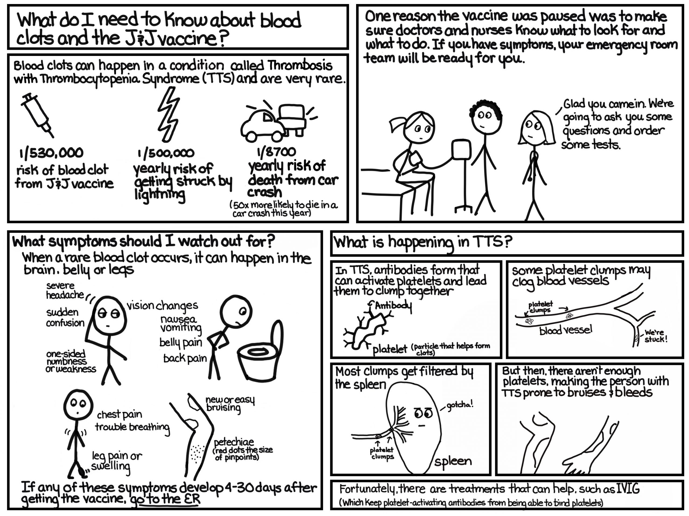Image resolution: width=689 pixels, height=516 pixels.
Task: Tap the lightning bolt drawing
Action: pyautogui.click(x=168, y=113)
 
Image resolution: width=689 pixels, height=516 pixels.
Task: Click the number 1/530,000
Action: pyautogui.click(x=51, y=153)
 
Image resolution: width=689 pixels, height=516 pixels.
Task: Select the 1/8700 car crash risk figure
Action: pyautogui.click(x=276, y=152)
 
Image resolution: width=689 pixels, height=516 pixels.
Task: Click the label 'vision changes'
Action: pyautogui.click(x=162, y=306)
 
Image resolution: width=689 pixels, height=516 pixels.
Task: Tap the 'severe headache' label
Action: pyautogui.click(x=65, y=290)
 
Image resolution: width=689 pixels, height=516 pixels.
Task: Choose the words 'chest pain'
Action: pyautogui.click(x=119, y=415)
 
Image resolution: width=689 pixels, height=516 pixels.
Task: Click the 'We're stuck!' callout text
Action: pyautogui.click(x=656, y=336)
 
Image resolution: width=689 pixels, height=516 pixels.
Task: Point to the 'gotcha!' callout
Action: pyautogui.click(x=460, y=405)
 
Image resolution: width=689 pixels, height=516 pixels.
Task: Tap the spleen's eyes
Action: pyautogui.click(x=424, y=413)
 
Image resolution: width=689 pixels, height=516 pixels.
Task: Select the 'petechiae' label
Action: pyautogui.click(x=234, y=442)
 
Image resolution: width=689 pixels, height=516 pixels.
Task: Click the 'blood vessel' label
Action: pyautogui.click(x=566, y=330)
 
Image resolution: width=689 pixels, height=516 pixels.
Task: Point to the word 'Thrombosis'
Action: pyautogui.click(x=300, y=66)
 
